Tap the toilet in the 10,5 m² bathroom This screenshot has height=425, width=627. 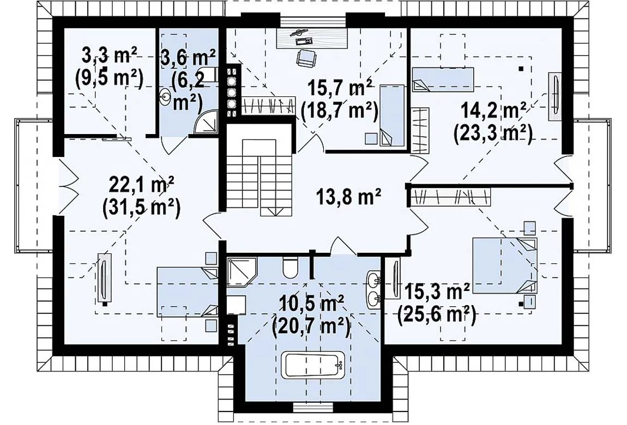coord(290,267)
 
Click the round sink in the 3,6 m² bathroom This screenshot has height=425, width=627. coord(164,96)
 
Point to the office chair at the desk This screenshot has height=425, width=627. coord(306,58)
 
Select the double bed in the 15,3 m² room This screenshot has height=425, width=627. coord(505,265)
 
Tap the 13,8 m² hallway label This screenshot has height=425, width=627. coord(348,197)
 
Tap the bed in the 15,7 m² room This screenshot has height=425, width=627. coord(391,114)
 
